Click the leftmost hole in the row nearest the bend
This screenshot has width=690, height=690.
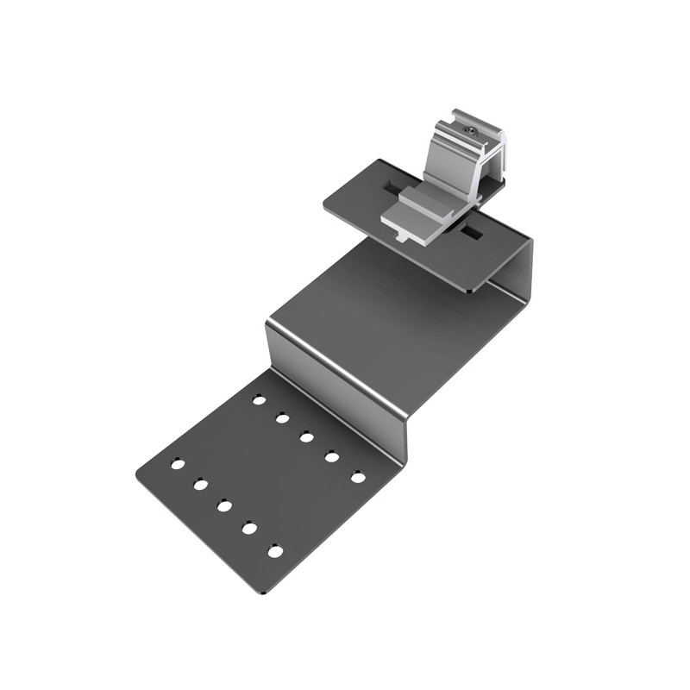point(258,399)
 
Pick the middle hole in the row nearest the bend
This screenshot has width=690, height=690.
point(306,436)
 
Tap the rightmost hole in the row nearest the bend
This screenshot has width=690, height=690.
point(357,476)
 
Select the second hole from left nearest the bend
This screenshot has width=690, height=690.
point(281,417)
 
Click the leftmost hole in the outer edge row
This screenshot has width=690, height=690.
point(177,464)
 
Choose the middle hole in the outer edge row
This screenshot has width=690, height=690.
point(224,505)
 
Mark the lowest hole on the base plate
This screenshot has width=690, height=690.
point(275,550)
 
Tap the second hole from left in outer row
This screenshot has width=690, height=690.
point(200,485)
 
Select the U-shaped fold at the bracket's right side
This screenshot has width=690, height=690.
point(524,267)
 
